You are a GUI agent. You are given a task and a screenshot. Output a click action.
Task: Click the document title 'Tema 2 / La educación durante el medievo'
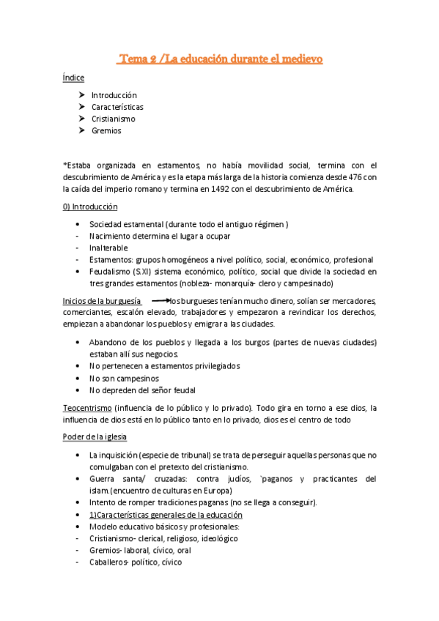point(220,59)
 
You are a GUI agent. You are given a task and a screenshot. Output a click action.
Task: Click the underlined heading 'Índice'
point(73,78)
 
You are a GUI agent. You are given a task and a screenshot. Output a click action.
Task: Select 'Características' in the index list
point(117,107)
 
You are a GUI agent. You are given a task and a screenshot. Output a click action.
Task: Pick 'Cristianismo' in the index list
point(113,119)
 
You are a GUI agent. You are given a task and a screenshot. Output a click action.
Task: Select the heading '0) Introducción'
point(90,207)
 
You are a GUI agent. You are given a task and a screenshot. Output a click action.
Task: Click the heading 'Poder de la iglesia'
point(95,437)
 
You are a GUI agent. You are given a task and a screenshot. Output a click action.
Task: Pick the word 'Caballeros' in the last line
point(109,562)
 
